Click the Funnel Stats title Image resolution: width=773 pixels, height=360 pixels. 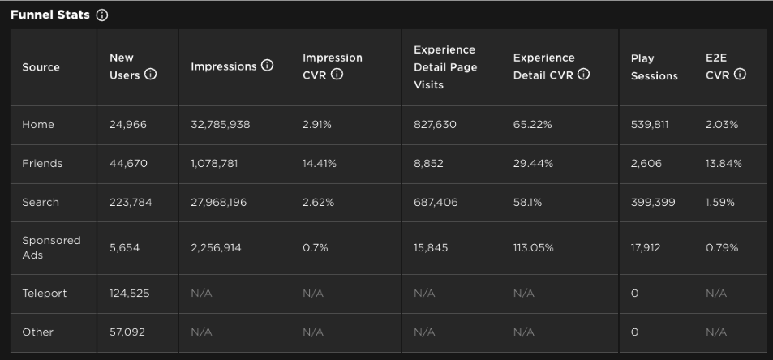pos(49,15)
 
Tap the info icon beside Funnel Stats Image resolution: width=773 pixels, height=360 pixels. pos(101,15)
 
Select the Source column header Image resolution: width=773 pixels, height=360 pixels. pos(41,66)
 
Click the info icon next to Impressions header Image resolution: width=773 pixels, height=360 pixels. pos(268,66)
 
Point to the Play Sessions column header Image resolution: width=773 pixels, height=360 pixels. pos(654,66)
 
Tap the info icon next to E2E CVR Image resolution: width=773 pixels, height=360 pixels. pos(740,75)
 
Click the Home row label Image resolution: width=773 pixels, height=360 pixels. pos(38,124)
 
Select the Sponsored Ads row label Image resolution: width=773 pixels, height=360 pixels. pos(51,247)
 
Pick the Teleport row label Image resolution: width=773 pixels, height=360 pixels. pos(45,293)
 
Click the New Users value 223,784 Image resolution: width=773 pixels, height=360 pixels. pos(131,202)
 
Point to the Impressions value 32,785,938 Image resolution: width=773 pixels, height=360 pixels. pos(221,124)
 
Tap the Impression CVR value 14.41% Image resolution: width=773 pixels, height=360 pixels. pos(320,163)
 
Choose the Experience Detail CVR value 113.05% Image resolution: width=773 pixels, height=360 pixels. pos(533,247)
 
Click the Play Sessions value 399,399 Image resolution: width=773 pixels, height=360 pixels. pos(653,202)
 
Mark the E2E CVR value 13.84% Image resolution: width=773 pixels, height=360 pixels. pos(724,163)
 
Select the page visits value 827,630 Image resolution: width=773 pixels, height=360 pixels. pos(435,124)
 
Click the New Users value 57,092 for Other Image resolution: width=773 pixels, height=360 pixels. pos(127,332)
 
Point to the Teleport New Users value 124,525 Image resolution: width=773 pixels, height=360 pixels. pos(130,293)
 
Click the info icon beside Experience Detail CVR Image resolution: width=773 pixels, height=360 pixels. pos(584,75)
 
